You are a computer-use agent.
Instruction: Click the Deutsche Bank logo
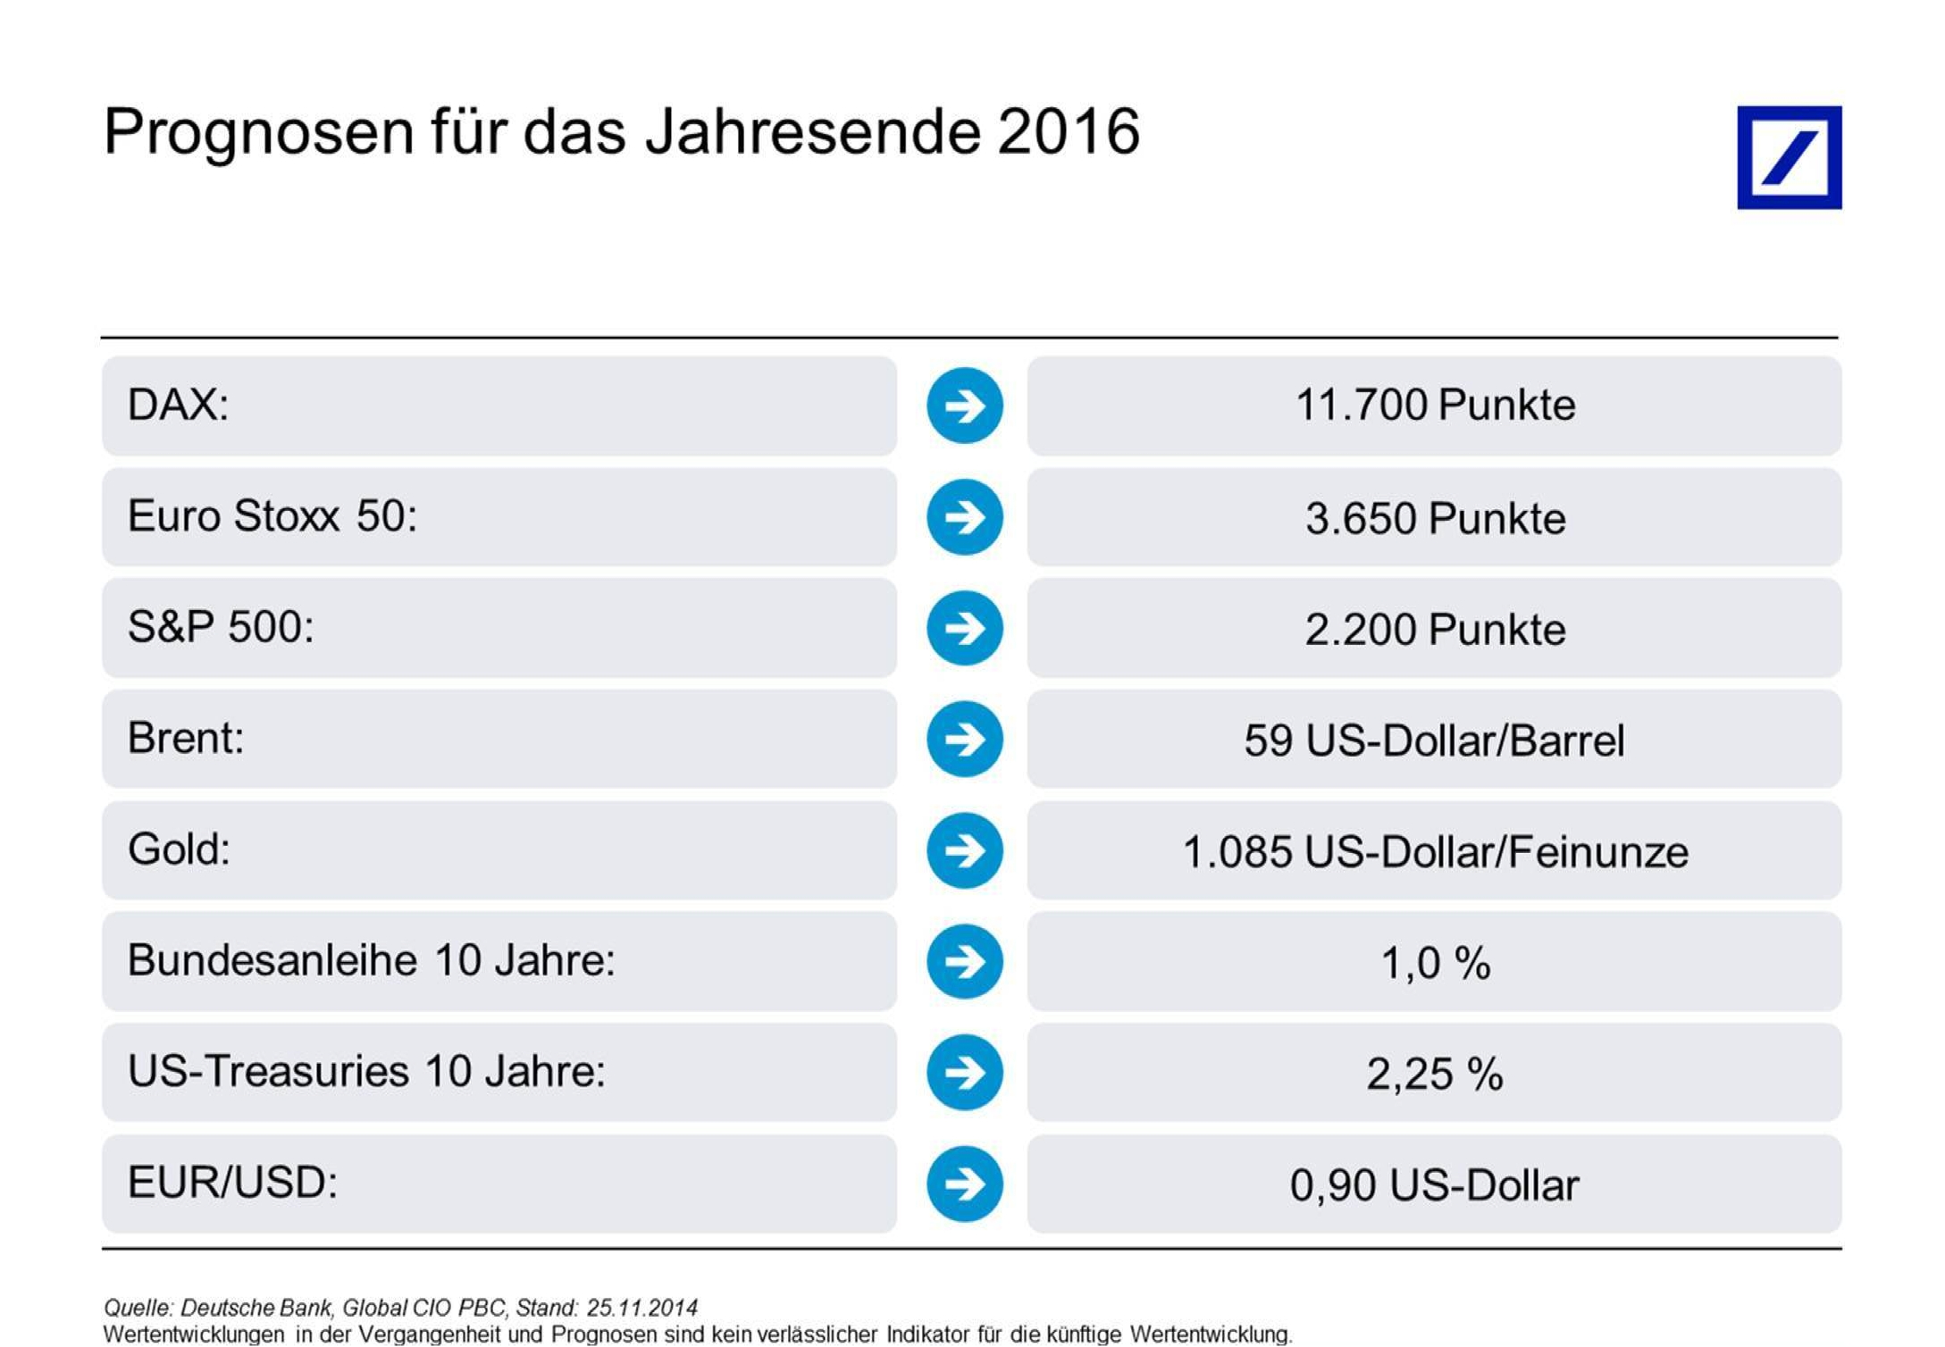pos(1789,157)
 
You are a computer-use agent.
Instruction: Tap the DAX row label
pos(178,405)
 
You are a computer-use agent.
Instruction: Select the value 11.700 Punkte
pos(1435,405)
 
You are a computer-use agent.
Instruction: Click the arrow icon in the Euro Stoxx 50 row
pos(965,517)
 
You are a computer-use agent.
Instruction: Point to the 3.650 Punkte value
pos(1435,518)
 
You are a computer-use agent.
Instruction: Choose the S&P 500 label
pos(221,627)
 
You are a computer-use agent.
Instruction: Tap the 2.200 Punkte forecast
pos(1435,630)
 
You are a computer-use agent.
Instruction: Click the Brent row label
pos(186,739)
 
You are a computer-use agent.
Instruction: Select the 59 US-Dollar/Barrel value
pos(1434,740)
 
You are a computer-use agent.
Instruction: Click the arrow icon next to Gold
pos(965,850)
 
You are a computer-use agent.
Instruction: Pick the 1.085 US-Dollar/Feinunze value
pos(1435,852)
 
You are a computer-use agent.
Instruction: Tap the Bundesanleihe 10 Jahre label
pos(372,961)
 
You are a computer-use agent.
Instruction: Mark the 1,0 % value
pos(1436,964)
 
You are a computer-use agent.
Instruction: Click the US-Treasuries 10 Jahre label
pos(366,1071)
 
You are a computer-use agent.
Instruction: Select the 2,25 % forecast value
pos(1435,1075)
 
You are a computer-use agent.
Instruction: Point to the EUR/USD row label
pos(232,1183)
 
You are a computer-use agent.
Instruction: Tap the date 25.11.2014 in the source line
pos(641,1308)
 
